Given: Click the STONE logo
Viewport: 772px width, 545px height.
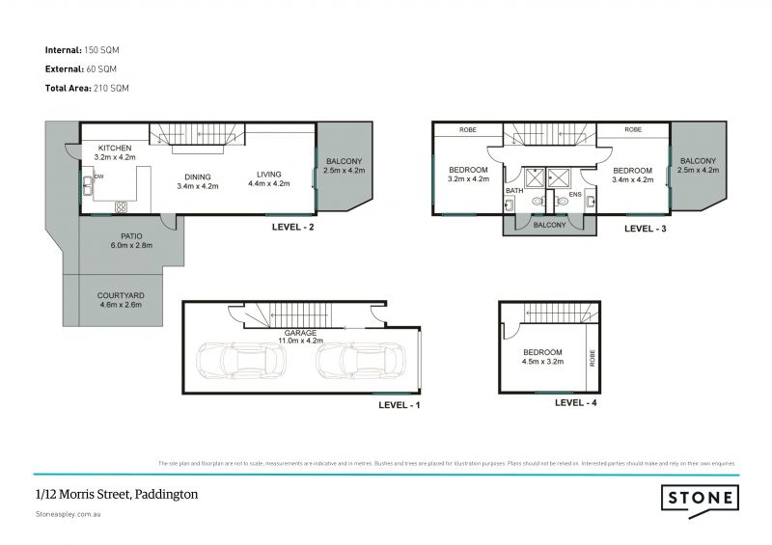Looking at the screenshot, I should click(x=700, y=498).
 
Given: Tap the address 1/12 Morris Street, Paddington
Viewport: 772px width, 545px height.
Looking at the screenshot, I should click(x=116, y=494).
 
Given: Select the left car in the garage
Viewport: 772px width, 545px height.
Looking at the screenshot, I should click(x=239, y=361).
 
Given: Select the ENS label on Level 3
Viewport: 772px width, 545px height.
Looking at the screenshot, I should click(x=575, y=194).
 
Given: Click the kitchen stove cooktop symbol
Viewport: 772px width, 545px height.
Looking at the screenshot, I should click(x=123, y=205).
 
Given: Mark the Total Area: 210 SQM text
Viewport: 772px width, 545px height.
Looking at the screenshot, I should click(x=87, y=88).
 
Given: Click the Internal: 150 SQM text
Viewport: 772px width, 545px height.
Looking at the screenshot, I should click(x=82, y=48).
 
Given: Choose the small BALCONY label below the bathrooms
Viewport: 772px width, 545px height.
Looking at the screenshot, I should click(x=549, y=225).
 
